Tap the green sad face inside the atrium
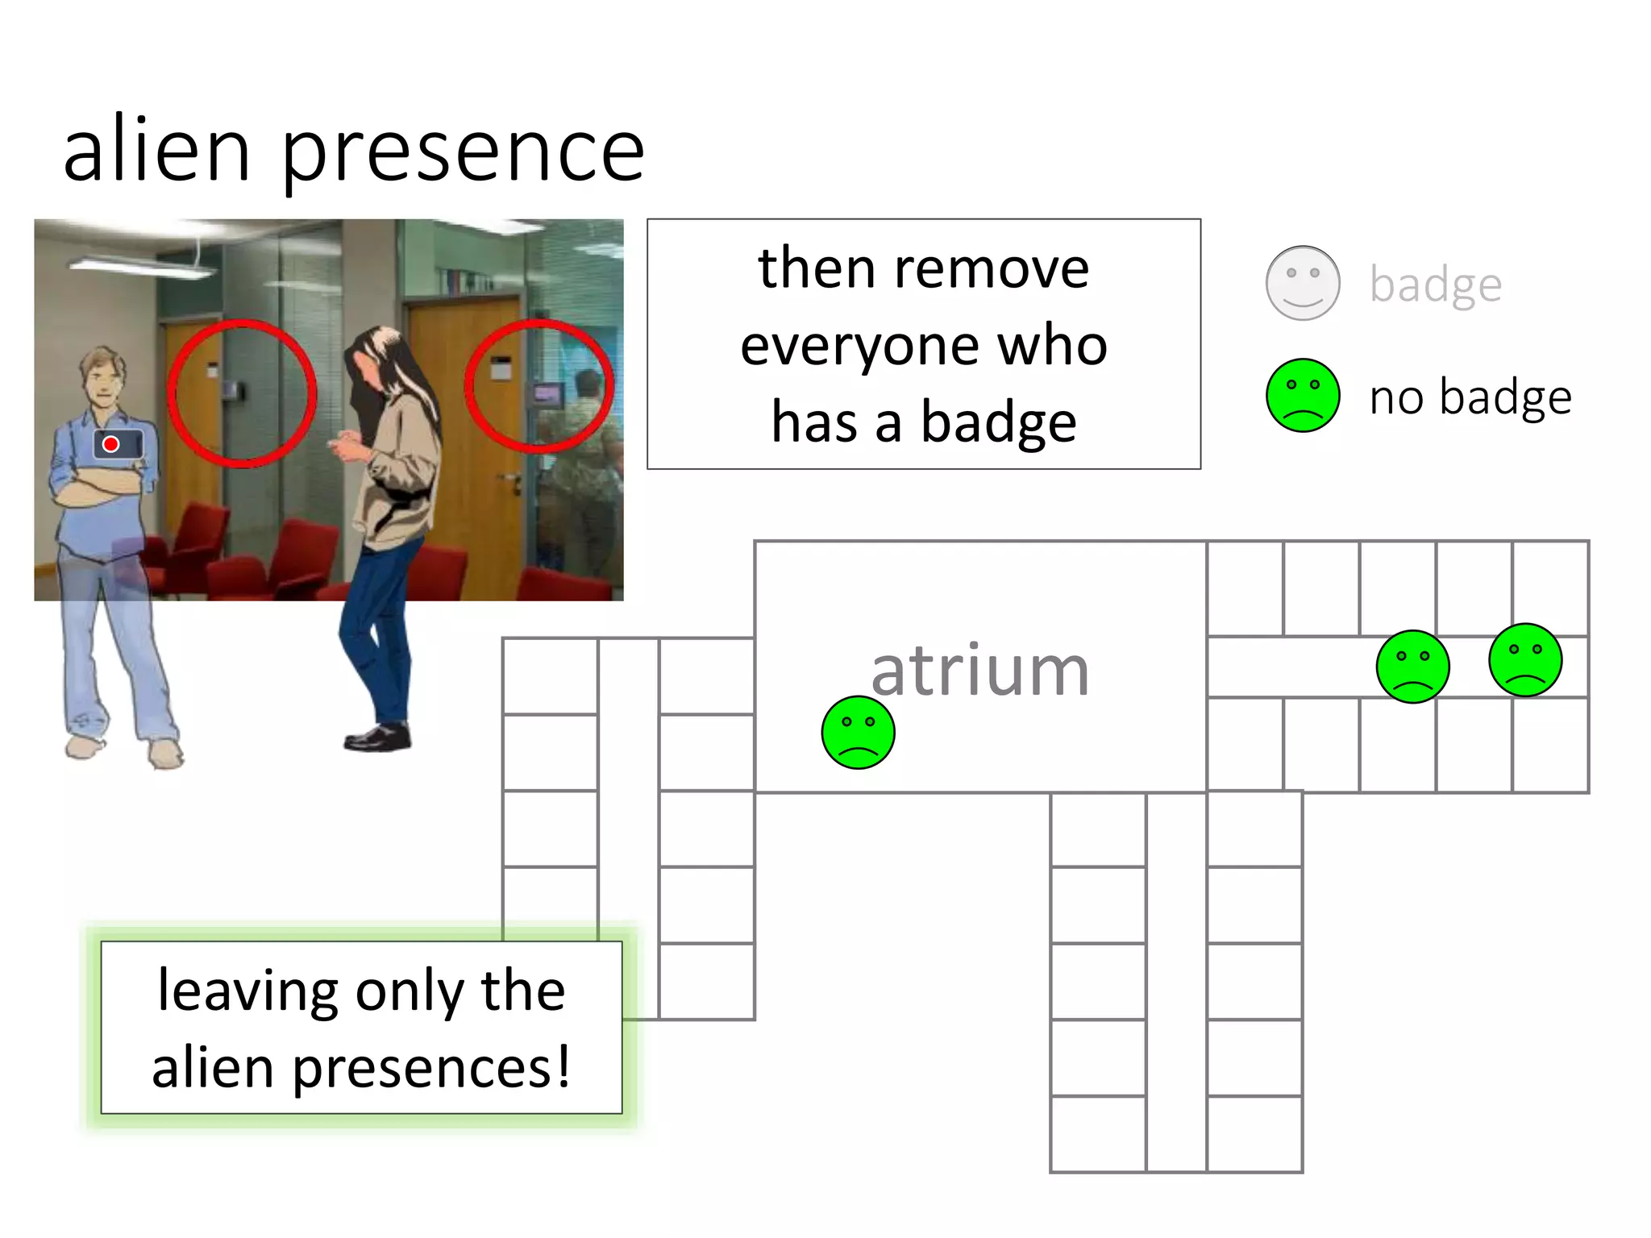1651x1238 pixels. [858, 732]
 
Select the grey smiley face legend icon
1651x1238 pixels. [1303, 283]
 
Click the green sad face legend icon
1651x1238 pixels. [1303, 396]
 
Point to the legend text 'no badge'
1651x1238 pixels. [1470, 397]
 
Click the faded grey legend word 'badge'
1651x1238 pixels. [1436, 285]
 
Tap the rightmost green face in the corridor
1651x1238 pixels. [1525, 659]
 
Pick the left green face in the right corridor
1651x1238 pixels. [1412, 667]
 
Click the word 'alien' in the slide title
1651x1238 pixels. [157, 150]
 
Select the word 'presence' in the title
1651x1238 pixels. [463, 153]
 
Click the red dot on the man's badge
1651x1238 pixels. [111, 444]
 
